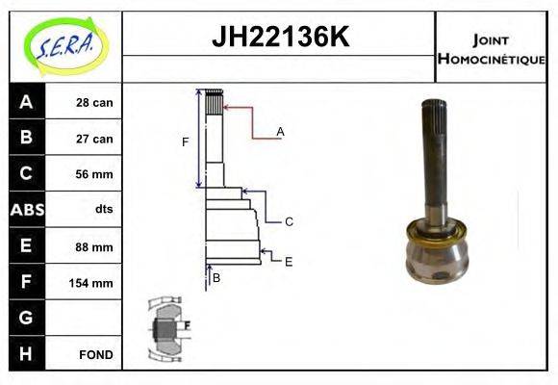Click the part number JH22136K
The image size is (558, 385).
(x=279, y=38)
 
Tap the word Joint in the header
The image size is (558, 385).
(x=491, y=39)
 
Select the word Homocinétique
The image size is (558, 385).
(x=491, y=59)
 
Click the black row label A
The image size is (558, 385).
(x=26, y=102)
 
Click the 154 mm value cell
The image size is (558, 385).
(x=93, y=283)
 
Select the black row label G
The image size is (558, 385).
(x=26, y=318)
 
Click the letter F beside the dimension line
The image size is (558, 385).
(x=186, y=142)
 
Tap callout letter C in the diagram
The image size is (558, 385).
(x=289, y=221)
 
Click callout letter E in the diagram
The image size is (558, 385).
(x=288, y=261)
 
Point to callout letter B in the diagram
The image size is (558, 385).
(x=216, y=278)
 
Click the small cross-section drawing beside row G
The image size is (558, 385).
(x=168, y=326)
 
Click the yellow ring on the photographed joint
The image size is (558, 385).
(x=437, y=233)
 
